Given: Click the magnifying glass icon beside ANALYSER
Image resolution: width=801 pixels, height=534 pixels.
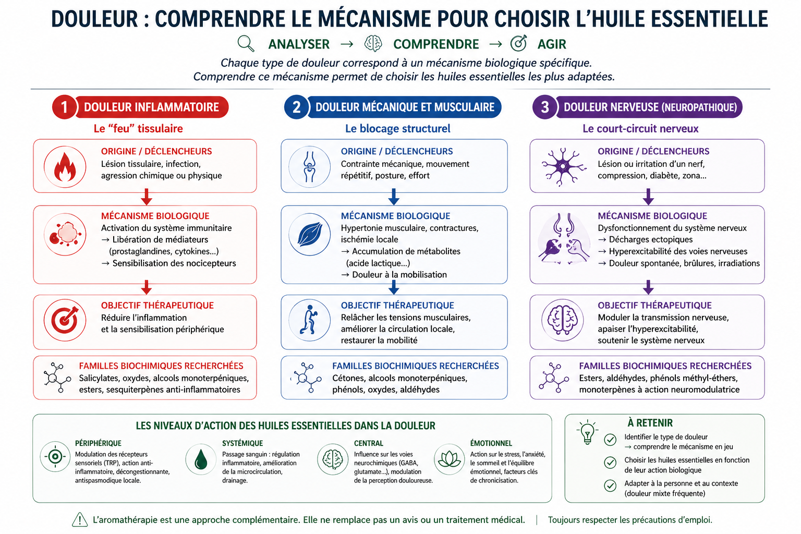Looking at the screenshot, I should [246, 43].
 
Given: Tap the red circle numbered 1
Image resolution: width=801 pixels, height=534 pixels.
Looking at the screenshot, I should [64, 107].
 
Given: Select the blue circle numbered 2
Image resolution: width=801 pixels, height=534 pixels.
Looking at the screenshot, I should [296, 107].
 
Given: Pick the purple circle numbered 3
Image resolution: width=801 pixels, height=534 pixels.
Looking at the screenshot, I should [544, 107].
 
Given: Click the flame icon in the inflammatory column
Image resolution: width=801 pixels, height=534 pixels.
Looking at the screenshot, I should [65, 166].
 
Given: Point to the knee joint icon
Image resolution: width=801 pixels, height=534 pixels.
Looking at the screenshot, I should [309, 166].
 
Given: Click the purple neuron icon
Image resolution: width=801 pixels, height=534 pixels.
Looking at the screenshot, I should [561, 166].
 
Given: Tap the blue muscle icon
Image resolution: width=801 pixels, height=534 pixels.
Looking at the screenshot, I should [309, 234].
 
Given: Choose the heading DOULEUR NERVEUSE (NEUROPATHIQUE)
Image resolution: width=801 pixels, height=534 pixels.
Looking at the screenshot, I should [650, 107].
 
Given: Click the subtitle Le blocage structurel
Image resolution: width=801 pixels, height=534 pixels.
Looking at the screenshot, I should [397, 129].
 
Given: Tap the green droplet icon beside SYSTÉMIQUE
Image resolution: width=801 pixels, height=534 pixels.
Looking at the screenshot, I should [201, 459].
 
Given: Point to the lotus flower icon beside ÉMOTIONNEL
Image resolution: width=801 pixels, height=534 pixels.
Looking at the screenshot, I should [449, 459].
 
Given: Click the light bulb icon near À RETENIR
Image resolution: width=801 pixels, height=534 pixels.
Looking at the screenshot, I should [588, 431].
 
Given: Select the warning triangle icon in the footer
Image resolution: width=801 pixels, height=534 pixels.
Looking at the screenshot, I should [79, 519].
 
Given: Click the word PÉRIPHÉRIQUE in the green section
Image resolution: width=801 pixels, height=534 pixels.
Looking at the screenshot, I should [98, 443].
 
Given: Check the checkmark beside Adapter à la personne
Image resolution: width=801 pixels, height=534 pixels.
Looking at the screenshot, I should [610, 486].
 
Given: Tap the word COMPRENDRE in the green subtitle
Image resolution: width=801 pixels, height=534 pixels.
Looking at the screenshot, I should [436, 44].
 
